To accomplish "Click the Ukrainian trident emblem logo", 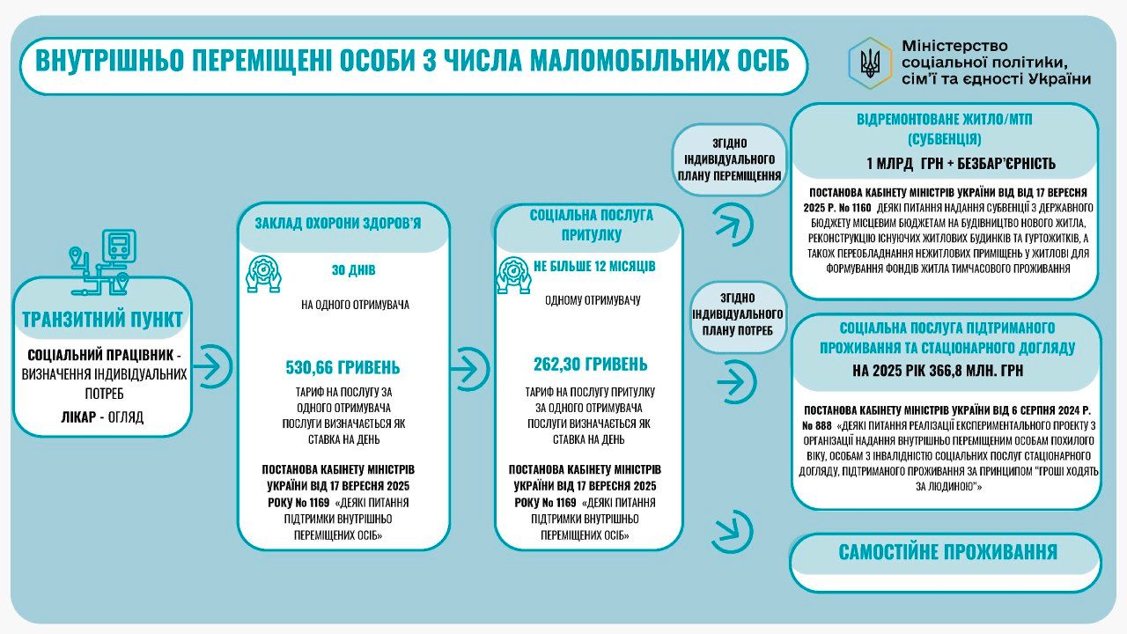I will (x=869, y=63).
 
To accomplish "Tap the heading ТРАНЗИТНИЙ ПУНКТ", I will (x=101, y=319).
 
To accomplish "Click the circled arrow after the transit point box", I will (x=211, y=362).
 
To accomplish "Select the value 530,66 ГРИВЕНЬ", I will (x=343, y=366).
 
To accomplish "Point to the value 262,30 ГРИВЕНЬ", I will (x=590, y=364).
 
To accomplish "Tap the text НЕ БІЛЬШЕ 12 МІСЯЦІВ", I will (x=593, y=266).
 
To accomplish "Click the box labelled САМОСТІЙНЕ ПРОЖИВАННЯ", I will (x=947, y=553).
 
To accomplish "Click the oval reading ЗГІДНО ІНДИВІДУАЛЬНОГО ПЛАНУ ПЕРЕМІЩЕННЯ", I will (x=729, y=159).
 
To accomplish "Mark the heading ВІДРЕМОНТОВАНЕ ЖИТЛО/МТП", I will (x=945, y=118).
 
